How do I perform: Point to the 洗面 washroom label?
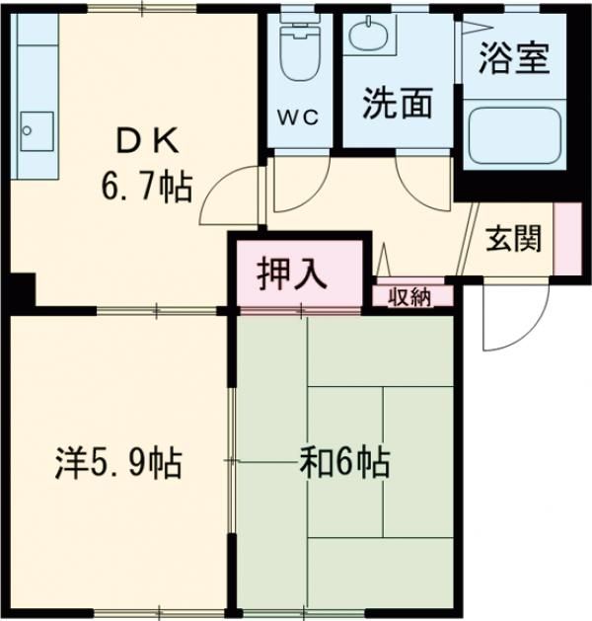coord(397,104)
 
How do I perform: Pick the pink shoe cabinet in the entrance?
coord(566,238)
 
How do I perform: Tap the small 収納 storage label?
coord(408,297)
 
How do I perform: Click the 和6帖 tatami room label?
coord(343,461)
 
